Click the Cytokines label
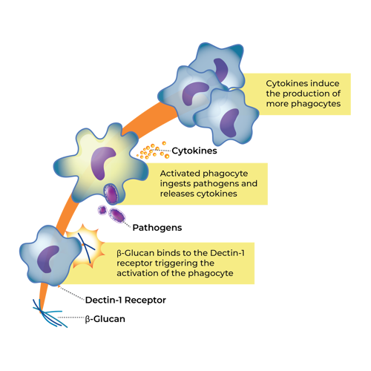(x=194, y=151)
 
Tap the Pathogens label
(x=157, y=228)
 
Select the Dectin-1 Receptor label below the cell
(x=125, y=300)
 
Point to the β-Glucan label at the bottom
(x=105, y=319)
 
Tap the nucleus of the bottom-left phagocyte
(x=47, y=258)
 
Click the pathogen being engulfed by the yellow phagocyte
(x=111, y=194)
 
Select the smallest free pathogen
(x=102, y=210)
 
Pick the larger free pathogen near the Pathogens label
(x=117, y=215)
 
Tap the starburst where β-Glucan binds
(x=85, y=246)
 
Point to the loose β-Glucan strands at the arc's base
(x=50, y=314)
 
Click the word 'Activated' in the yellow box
(x=177, y=174)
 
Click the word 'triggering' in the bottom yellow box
(x=174, y=263)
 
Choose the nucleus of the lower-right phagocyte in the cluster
(x=229, y=123)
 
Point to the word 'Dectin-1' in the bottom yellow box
(x=227, y=253)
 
